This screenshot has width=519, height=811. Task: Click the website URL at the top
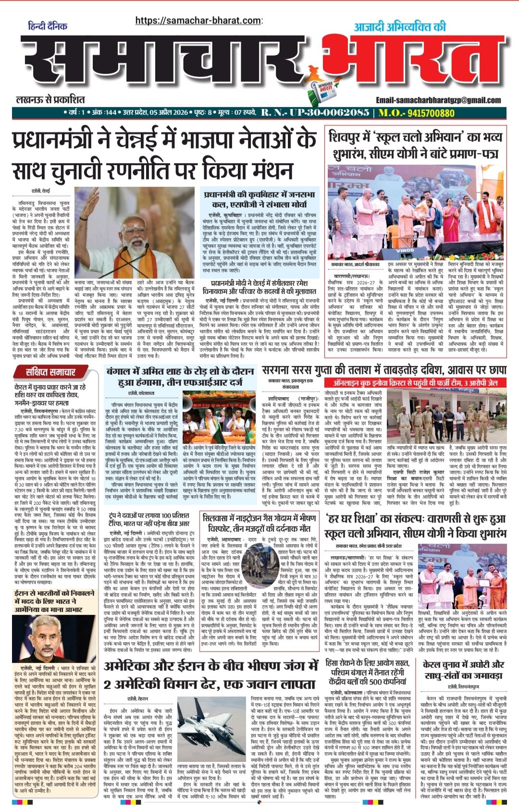198,20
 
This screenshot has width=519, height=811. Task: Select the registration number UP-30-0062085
315,113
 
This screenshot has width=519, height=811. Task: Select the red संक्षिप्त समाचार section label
51,372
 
